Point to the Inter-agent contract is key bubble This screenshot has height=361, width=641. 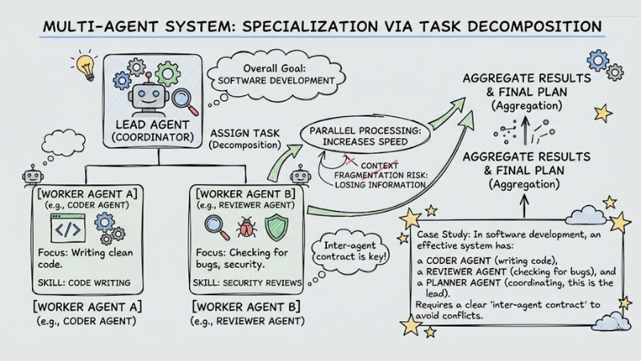tap(349, 250)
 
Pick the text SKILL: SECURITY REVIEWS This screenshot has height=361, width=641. tap(249, 282)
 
